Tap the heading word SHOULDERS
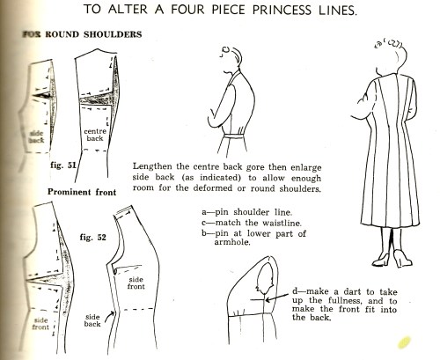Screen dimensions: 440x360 tap(113, 34)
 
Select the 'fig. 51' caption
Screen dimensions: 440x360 tap(63, 165)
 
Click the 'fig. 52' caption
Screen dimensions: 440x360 tap(92, 237)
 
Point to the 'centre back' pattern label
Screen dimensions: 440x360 tap(95, 135)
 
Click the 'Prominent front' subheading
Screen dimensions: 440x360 tap(82, 192)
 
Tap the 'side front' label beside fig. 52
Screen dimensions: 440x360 tap(136, 283)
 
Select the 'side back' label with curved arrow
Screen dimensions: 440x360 tap(92, 320)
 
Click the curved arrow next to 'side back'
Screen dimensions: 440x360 tap(110, 316)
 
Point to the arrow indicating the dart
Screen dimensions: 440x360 tap(277, 298)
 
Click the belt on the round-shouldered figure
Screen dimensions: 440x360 tap(234, 136)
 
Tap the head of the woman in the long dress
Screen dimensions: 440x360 tap(392, 57)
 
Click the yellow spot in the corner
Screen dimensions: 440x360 tap(404, 342)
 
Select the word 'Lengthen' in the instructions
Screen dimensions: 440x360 tap(152, 166)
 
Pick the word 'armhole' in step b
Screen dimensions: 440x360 tap(232, 242)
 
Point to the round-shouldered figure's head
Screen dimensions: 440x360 tap(231, 59)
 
